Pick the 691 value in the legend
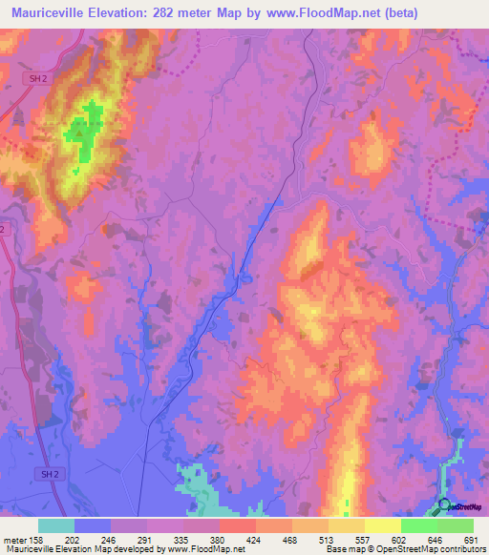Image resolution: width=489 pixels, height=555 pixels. tap(468, 539)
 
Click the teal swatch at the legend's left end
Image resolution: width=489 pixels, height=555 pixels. tap(55, 525)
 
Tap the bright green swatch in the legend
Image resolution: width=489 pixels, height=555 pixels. tap(419, 525)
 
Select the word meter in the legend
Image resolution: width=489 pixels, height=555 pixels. tap(14, 539)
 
